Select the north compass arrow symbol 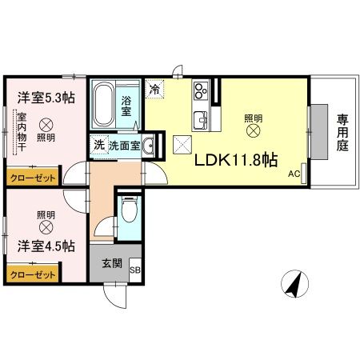(294, 282)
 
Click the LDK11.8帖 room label (237, 158)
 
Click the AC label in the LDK (294, 174)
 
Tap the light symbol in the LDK (254, 130)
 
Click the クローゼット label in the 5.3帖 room (32, 178)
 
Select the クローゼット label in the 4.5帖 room (32, 274)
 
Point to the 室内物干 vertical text (22, 135)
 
